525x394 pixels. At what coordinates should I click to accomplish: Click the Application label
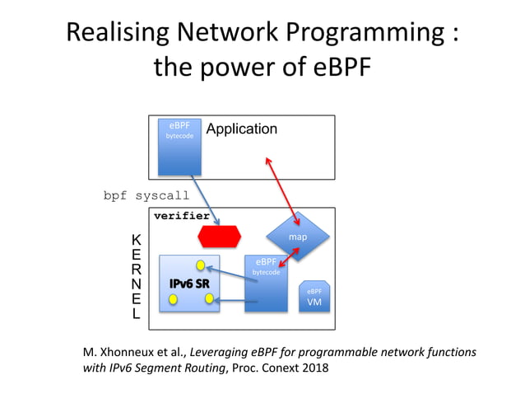(x=241, y=129)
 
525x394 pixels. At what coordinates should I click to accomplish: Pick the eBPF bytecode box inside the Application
(x=179, y=146)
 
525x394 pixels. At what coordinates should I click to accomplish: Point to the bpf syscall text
(x=146, y=196)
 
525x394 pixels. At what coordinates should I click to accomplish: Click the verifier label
(x=181, y=216)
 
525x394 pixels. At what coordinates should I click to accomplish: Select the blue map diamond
(x=297, y=237)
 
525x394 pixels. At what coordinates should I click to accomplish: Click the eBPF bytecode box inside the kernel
(x=266, y=283)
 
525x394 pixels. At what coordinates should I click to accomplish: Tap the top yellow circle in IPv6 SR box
(x=200, y=265)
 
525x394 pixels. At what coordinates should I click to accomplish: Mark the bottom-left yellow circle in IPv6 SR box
(x=173, y=299)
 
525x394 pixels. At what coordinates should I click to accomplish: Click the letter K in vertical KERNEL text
(x=136, y=239)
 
